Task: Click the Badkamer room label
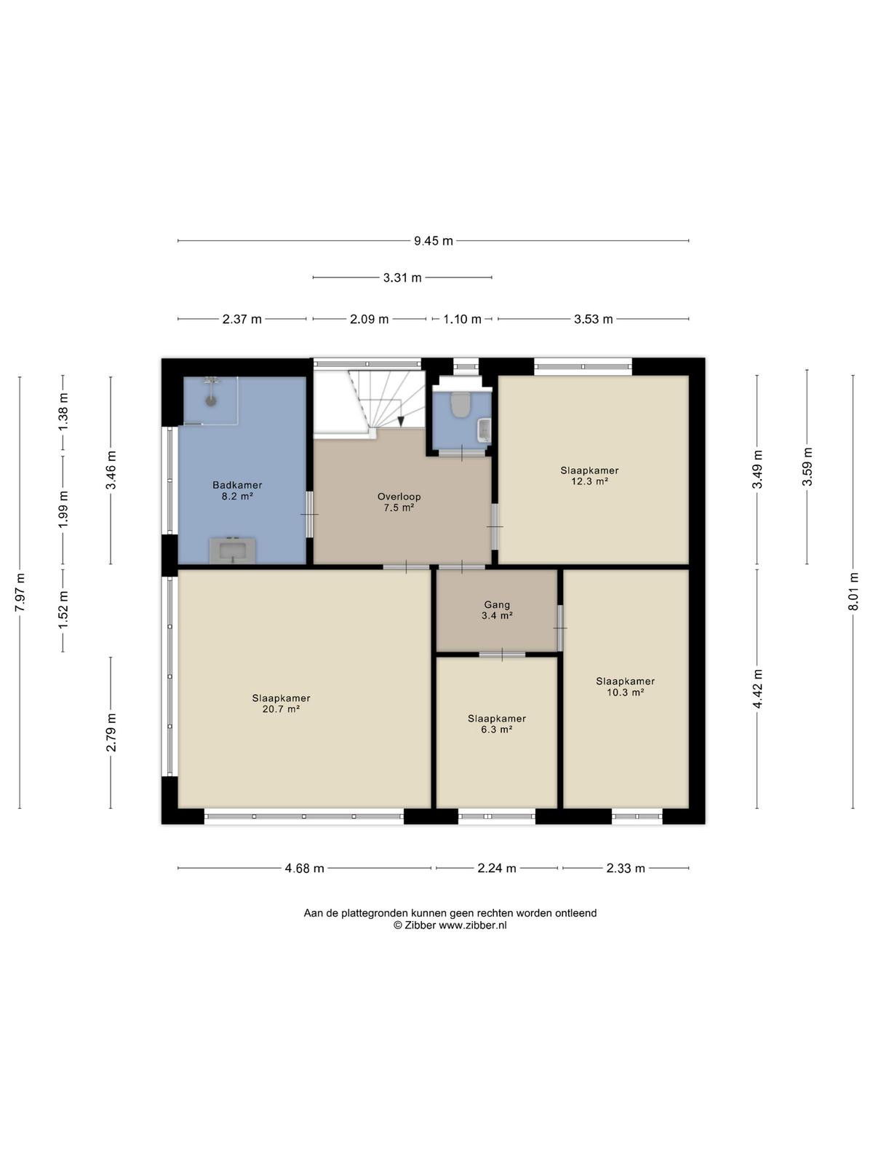point(237,485)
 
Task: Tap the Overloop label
point(399,497)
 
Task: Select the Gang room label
point(497,604)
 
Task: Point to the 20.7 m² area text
point(281,708)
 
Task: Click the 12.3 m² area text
point(589,481)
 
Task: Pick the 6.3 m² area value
point(496,729)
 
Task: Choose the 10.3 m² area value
point(625,692)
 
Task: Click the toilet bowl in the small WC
point(459,404)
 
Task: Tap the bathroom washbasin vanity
point(233,550)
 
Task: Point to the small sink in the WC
point(484,430)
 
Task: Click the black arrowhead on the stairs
point(402,421)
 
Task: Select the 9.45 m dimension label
point(433,241)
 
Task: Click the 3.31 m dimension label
point(402,277)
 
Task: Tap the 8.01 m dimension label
point(853,591)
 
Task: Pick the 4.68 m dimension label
point(304,869)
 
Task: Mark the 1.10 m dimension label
point(462,319)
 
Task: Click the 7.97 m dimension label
point(20,592)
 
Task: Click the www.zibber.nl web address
point(472,925)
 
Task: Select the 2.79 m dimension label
point(111,732)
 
